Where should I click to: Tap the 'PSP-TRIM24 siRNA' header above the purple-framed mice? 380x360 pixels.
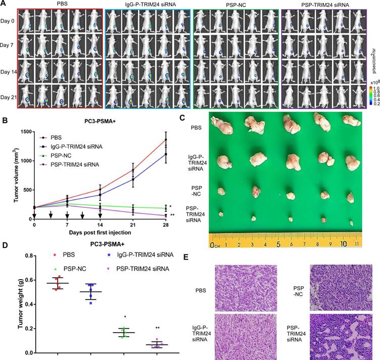324,4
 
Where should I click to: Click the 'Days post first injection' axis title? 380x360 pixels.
99,233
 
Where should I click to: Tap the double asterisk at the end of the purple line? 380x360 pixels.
173,215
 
